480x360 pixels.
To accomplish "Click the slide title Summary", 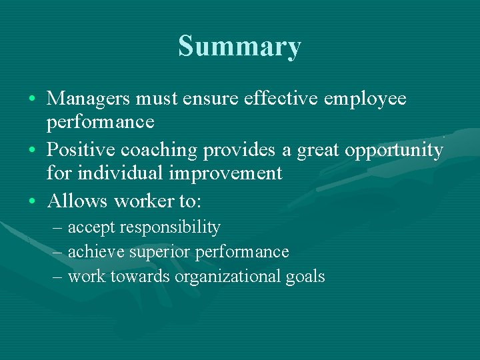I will (x=239, y=47).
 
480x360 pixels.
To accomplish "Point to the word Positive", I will (x=81, y=150).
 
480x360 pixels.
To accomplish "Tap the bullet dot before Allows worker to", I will (x=33, y=201).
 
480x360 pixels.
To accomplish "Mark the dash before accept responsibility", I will (x=57, y=228).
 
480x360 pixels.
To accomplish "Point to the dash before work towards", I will (x=57, y=276).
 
